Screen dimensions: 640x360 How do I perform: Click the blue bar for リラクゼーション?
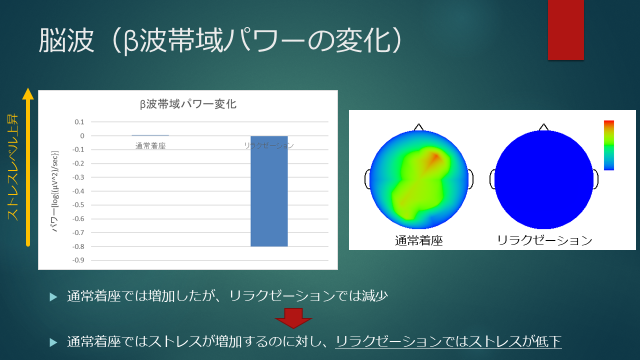(269, 191)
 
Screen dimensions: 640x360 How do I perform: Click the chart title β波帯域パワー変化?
(188, 104)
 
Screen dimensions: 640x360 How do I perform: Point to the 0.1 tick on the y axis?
(79, 122)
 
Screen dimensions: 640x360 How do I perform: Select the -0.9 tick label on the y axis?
(78, 260)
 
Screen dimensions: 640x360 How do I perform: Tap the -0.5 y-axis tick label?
(78, 205)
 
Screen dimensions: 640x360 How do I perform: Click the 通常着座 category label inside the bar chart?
(150, 146)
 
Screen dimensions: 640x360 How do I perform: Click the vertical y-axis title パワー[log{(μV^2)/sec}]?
(54, 191)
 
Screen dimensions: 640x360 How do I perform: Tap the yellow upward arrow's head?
(28, 93)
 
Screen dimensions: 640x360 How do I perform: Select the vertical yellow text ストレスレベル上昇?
(12, 167)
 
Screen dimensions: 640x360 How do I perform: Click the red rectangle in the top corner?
(565, 29)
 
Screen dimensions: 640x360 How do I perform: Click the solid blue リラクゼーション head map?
(544, 179)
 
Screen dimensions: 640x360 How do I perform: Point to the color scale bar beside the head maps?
(609, 145)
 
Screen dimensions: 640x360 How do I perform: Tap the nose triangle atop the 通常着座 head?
(418, 127)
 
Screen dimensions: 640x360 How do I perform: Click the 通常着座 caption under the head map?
(419, 240)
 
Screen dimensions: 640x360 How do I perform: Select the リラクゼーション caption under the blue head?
(544, 240)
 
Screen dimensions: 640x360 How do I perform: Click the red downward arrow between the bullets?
(293, 318)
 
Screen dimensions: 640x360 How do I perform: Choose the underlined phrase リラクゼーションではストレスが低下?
(448, 341)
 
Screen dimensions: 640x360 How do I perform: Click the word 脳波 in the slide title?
(66, 40)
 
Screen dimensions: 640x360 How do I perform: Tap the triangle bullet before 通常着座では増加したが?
(53, 297)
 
